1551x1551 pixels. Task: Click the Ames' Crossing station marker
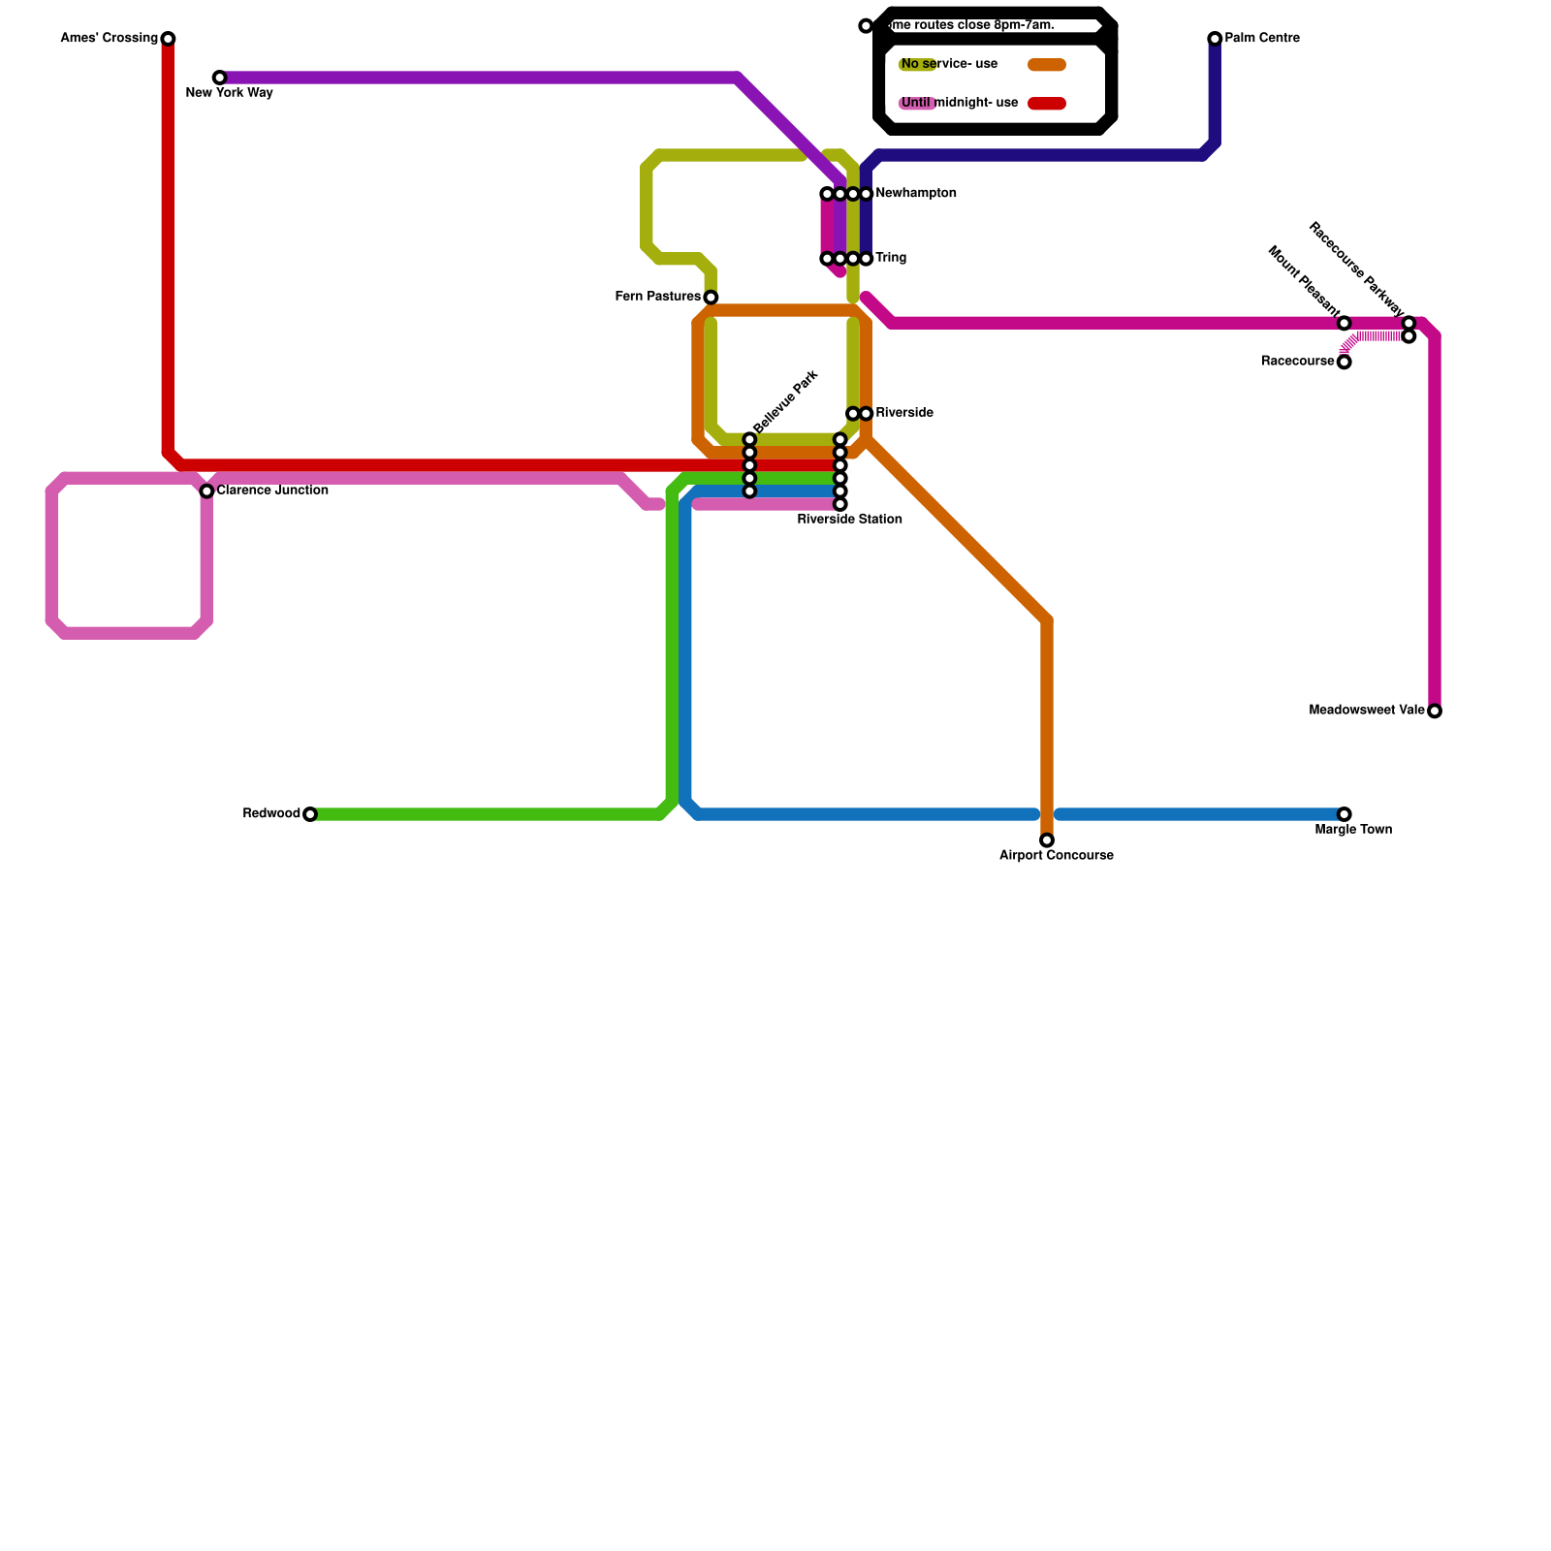pos(168,39)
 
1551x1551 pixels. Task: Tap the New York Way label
pos(229,94)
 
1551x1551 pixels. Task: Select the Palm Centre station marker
pos(1215,39)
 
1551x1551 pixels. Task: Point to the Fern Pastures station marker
pos(711,298)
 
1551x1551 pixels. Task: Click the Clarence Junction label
pos(272,491)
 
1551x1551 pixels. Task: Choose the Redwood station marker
pos(310,814)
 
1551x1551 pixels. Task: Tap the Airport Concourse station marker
pos(1047,840)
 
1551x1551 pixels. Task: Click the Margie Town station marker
pos(1344,814)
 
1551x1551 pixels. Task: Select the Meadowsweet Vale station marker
pos(1435,712)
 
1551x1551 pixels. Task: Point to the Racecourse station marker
pos(1344,363)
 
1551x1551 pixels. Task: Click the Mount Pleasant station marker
pos(1344,324)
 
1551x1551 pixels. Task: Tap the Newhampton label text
pos(916,194)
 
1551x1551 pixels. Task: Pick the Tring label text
pos(891,259)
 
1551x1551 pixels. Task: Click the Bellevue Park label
pos(786,402)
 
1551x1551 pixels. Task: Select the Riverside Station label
pos(850,520)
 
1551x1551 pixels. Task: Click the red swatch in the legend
pos(1047,104)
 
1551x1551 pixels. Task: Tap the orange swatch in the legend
pos(1047,65)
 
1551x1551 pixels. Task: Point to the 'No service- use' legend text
pos(949,65)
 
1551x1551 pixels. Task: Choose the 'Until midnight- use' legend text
pos(960,104)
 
